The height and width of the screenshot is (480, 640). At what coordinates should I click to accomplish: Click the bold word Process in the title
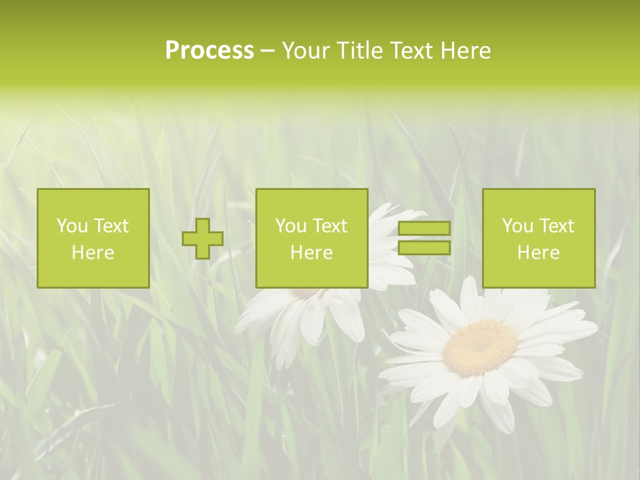coord(209,51)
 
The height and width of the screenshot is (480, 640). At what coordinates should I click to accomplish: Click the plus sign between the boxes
coord(203,239)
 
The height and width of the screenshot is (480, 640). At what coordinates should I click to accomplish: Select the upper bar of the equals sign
coord(424,229)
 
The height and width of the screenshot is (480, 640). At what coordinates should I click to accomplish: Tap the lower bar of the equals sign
coord(424,248)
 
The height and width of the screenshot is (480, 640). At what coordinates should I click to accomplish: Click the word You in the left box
coord(72,226)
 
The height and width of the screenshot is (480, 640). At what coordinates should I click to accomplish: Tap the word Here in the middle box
coord(312,253)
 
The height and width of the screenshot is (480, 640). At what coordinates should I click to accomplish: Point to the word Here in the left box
coord(93,253)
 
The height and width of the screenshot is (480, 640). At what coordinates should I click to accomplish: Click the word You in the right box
coord(517,226)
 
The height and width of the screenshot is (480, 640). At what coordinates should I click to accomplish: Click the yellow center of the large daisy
coord(480,347)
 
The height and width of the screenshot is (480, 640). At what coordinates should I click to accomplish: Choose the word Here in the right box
coord(539,253)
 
